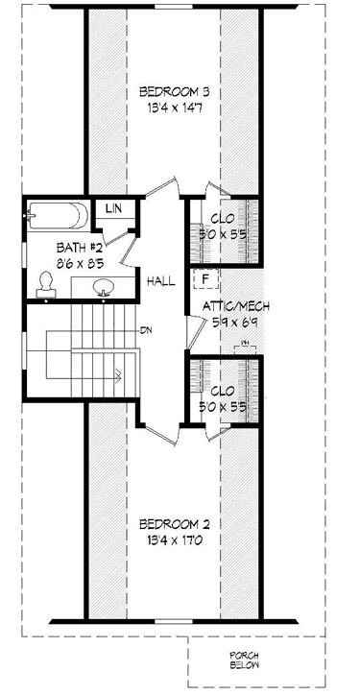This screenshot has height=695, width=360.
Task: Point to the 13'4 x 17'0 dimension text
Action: (175, 539)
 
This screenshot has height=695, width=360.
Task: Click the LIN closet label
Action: (113, 209)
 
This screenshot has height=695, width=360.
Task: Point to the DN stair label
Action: (147, 331)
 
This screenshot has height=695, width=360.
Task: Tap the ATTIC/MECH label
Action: (235, 307)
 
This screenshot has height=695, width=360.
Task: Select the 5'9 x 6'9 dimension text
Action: (235, 323)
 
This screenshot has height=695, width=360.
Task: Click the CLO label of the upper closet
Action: (223, 216)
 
